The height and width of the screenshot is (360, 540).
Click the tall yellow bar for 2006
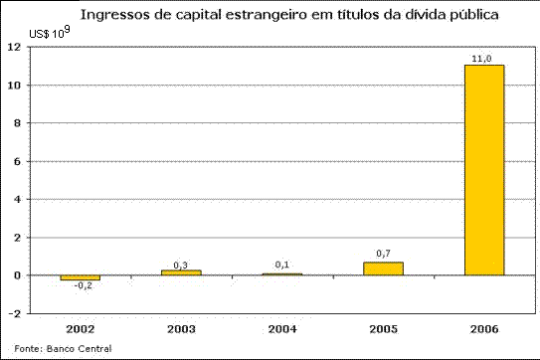tap(484, 169)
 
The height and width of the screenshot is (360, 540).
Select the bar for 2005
tap(383, 269)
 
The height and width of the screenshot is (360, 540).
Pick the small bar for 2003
tap(181, 271)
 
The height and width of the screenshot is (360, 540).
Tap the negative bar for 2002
tap(80, 277)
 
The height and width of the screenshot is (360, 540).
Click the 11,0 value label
tap(484, 59)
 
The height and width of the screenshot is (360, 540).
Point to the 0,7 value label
tap(383, 254)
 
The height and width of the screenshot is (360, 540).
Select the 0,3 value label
tap(181, 264)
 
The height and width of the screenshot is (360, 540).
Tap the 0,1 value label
tap(282, 266)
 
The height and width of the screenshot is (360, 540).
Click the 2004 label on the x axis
tap(282, 327)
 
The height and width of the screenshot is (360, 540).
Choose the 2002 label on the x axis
tap(80, 327)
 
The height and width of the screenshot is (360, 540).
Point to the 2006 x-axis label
tap(484, 327)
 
